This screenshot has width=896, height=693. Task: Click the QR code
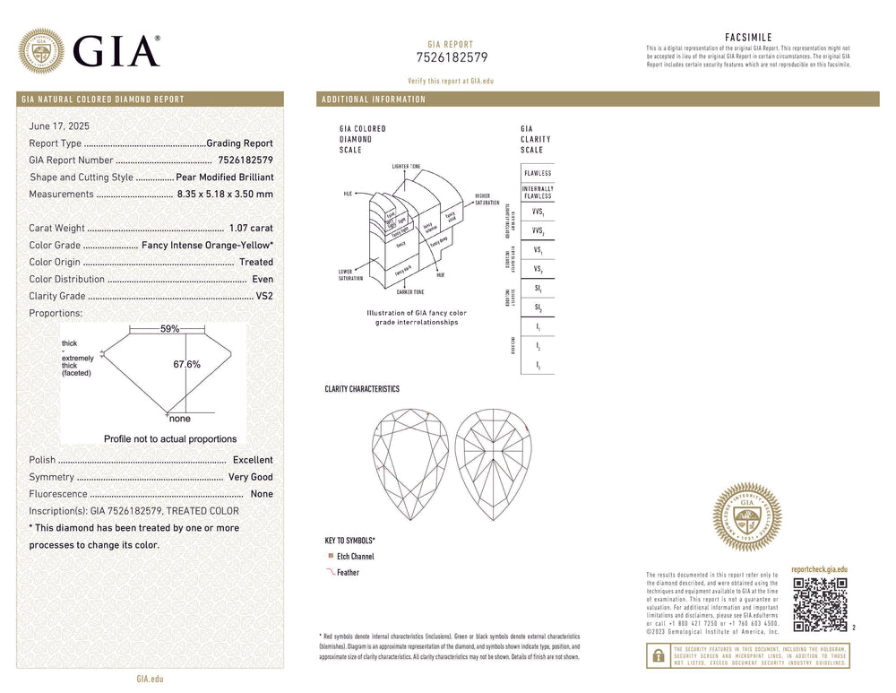coord(820,604)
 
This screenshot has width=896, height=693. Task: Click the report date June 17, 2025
coord(59,126)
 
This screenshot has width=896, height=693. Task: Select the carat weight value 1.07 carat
coord(251,229)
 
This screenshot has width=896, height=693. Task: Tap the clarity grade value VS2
coord(264,296)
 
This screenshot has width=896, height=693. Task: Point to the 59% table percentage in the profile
coord(169,329)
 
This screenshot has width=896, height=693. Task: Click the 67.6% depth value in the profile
coord(186,365)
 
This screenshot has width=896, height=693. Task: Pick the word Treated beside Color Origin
coord(256,263)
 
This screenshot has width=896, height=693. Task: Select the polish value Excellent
coord(253,460)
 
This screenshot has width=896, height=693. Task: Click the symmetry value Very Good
coord(251,477)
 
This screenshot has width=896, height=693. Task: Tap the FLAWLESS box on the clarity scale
coord(538,173)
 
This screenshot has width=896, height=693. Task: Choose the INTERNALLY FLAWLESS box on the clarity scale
coord(538,193)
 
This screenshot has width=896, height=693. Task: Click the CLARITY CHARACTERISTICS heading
coord(362,389)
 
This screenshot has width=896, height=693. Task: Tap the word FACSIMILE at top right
coord(748,38)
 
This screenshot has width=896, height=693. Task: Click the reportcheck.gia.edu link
coord(819,569)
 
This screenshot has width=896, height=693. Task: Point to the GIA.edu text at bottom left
coord(150,679)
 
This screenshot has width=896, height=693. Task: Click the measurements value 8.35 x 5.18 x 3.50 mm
coord(225,195)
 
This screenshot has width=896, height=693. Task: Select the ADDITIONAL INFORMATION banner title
coord(374,100)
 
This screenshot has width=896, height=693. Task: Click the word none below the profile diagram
coord(179,419)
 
